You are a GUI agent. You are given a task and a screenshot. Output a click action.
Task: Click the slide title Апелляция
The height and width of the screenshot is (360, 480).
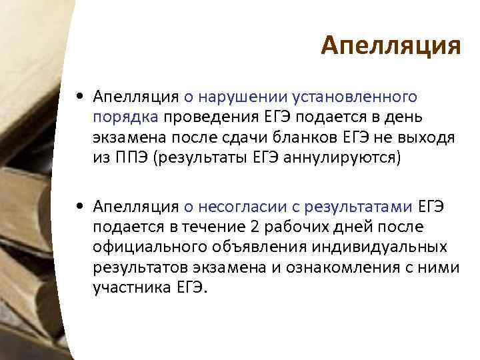(391, 47)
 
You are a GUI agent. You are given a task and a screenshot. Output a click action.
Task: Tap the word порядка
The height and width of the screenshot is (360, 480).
(126, 119)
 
